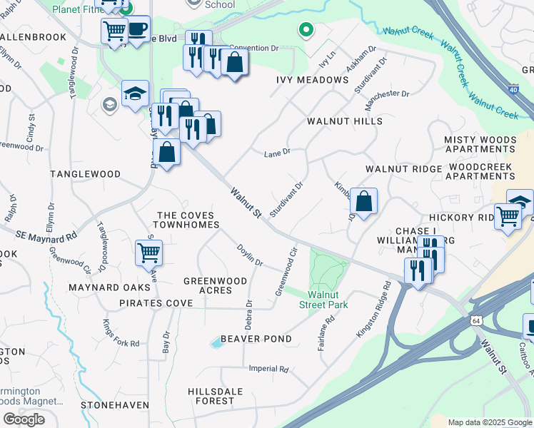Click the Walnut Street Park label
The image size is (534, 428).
pos(328,300)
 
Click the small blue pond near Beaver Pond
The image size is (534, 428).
pos(216,344)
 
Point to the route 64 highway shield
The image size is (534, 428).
pos(475,320)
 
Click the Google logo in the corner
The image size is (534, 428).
pos(24,419)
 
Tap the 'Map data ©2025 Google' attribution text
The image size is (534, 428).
pos(490,422)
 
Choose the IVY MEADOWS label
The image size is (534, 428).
pos(312,80)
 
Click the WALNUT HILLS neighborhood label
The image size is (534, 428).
pos(344,121)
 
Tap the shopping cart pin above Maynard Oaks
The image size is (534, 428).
pos(148,252)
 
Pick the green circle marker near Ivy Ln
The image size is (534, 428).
pos(306,30)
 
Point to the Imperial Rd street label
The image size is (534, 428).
pos(268,369)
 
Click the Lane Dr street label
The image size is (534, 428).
pos(277,153)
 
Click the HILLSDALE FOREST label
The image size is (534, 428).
pos(211,396)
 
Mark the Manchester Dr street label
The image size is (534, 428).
pos(387,100)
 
